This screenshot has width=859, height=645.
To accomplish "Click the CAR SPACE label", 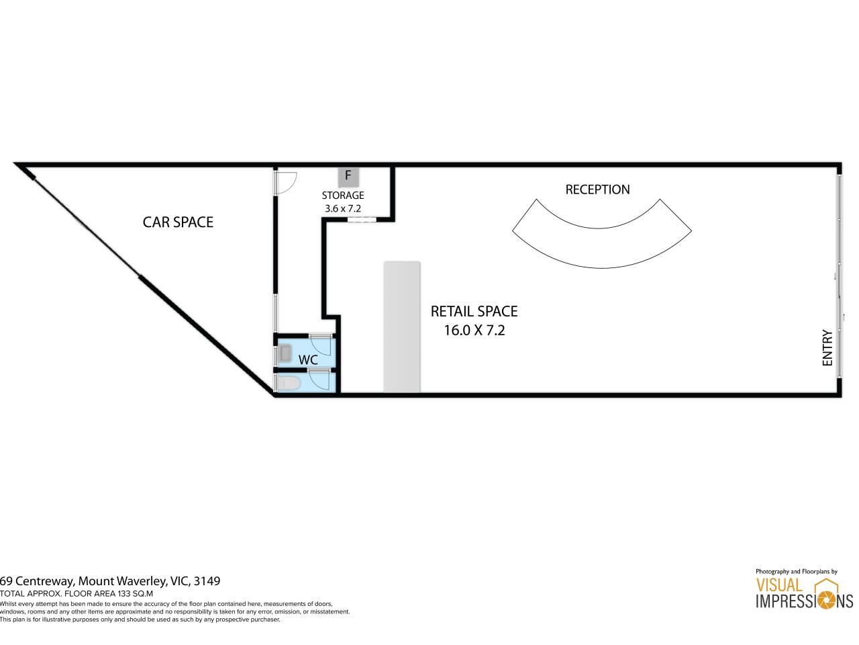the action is click(178, 222).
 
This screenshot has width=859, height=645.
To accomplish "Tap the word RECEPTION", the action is click(597, 189).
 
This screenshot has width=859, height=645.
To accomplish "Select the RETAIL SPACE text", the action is click(474, 311).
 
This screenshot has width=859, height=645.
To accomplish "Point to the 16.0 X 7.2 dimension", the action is click(474, 330).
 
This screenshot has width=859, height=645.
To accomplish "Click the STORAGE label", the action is click(343, 195).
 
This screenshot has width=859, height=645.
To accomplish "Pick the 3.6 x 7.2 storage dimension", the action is click(343, 208).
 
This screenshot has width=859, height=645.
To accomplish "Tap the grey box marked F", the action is click(348, 177).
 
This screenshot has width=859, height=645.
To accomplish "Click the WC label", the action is click(308, 360).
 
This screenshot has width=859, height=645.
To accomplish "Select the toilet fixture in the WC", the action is click(289, 384).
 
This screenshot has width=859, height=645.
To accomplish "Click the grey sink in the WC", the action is click(285, 353).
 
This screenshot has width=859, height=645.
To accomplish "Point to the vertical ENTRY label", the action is click(827, 348).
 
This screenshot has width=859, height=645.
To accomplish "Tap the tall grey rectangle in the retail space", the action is click(402, 327).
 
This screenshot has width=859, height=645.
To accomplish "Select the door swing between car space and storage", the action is click(286, 183).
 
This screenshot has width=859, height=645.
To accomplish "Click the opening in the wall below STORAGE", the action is click(362, 220).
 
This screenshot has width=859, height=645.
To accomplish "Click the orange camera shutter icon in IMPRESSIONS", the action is click(827, 601).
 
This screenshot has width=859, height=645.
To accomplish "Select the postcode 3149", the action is click(207, 580).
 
